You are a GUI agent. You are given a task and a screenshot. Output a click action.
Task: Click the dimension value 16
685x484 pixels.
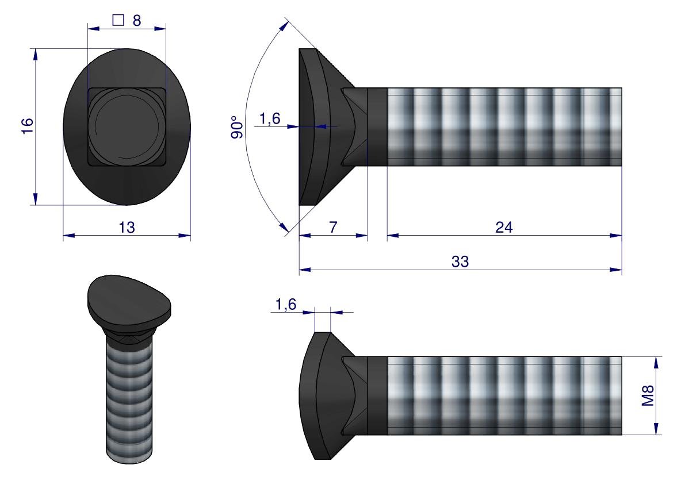point(27,126)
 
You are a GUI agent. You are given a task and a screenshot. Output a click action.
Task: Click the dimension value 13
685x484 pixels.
point(127,228)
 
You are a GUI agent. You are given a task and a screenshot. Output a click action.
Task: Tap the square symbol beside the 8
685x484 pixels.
point(118,20)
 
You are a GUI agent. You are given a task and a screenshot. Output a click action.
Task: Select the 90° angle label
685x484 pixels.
point(237,127)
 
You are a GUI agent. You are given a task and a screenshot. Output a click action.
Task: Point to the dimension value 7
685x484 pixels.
point(333,227)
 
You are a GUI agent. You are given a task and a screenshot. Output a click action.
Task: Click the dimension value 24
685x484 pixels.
point(504,228)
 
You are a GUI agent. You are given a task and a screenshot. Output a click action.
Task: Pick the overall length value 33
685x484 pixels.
point(460,262)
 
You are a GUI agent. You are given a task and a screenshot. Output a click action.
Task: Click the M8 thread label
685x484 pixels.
point(648,395)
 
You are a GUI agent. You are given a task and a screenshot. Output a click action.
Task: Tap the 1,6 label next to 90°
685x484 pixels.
point(270,119)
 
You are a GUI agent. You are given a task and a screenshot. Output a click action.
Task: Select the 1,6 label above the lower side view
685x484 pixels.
point(286,304)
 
